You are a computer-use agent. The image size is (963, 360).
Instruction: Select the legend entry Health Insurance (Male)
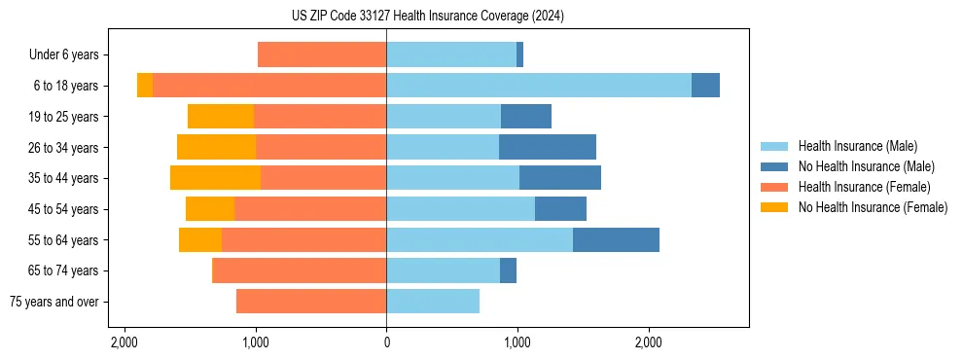point(857,146)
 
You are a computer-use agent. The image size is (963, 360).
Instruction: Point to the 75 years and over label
point(54,302)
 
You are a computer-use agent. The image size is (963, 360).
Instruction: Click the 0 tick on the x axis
point(386,342)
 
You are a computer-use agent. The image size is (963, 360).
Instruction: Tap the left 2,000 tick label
point(125,342)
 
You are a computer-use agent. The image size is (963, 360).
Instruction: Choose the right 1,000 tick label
point(517,342)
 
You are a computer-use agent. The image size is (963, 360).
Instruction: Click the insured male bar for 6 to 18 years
point(539,86)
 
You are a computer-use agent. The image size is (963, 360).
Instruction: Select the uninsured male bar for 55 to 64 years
point(616,240)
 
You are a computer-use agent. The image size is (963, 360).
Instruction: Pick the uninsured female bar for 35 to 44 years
point(215,178)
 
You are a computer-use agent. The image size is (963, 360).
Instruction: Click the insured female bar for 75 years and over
point(311,302)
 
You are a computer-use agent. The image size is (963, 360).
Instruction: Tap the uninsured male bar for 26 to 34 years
point(548,147)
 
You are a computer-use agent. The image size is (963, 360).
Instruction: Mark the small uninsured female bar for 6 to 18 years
point(145,86)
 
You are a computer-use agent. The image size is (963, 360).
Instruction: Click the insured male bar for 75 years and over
point(433,302)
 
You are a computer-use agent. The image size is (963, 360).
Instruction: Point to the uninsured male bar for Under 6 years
point(520,55)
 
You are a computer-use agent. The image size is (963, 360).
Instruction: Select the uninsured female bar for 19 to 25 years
point(221,117)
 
